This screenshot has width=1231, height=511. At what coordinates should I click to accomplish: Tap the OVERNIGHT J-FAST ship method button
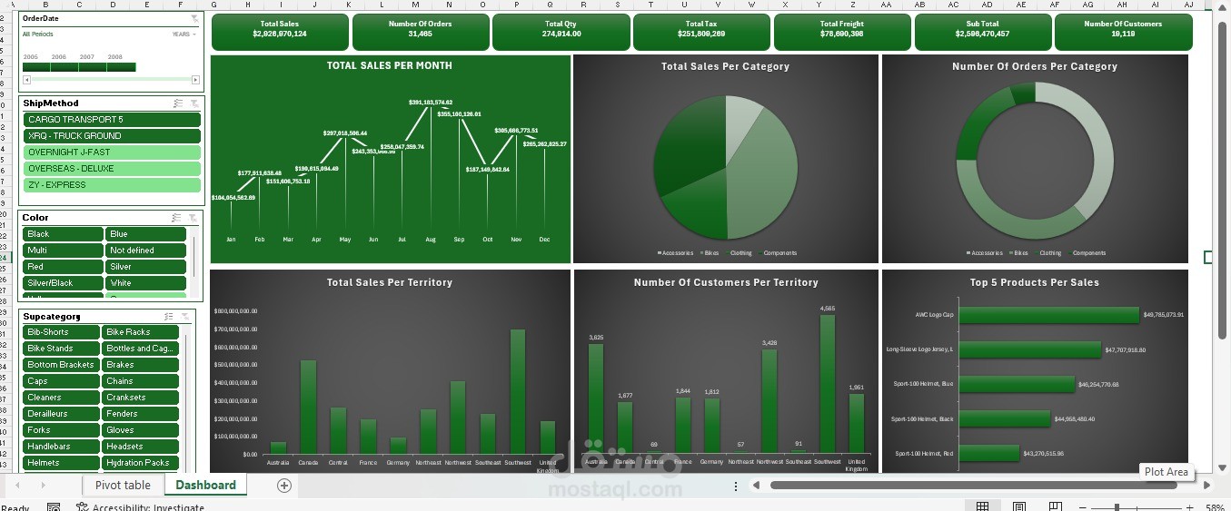[112, 152]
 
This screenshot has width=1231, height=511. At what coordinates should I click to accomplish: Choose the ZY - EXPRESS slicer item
[112, 185]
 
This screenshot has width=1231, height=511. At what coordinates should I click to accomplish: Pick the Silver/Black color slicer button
[63, 283]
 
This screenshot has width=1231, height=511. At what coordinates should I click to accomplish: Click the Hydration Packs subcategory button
[140, 463]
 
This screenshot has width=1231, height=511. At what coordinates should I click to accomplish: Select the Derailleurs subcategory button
[61, 414]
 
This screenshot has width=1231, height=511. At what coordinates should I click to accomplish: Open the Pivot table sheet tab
[123, 486]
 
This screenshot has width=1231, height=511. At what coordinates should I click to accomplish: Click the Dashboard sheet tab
[205, 486]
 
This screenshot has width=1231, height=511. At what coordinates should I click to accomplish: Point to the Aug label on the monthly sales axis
[431, 240]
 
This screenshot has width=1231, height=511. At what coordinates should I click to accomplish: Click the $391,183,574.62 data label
[431, 103]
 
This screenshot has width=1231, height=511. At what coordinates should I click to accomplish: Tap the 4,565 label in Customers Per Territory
[828, 309]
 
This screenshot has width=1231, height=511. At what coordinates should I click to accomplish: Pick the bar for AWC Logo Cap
[1048, 315]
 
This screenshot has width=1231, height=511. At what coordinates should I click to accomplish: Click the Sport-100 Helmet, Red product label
[924, 453]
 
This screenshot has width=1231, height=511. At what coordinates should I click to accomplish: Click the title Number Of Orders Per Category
[1034, 66]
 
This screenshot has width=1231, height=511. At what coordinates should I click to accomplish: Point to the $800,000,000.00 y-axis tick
[236, 311]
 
